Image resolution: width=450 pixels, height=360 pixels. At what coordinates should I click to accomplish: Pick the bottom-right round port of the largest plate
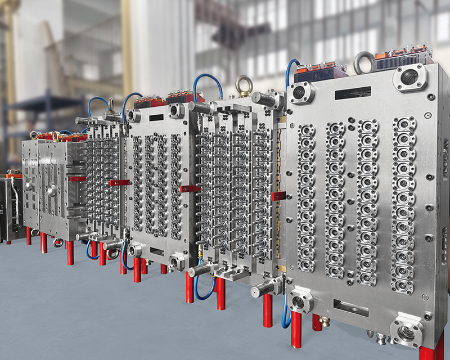click(x=406, y=332)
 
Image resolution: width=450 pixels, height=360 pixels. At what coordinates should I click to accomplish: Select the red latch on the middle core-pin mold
click(x=190, y=188)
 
